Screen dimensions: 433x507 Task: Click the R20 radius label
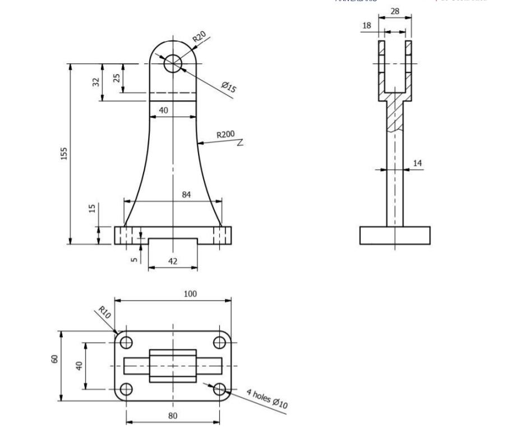pos(200,38)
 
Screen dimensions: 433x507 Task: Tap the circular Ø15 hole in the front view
pos(173,63)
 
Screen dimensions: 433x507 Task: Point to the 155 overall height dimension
pos(64,153)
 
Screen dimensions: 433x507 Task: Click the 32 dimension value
pos(96,82)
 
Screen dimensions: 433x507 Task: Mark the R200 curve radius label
pos(225,135)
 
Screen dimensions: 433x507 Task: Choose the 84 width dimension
pos(186,195)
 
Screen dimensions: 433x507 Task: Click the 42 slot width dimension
pos(173,262)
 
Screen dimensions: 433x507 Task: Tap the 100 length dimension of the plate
pos(190,294)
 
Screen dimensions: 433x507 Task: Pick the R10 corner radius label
pos(104,311)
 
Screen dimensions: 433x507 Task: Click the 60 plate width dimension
pos(55,358)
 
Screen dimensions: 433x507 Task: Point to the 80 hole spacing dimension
pos(173,416)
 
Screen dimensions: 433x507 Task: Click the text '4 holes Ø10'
pos(266,398)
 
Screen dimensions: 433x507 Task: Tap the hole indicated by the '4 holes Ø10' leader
pos(219,389)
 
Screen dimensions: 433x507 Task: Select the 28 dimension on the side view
pos(394,11)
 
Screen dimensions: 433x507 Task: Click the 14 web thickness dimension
pos(417,163)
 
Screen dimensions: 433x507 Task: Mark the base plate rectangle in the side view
pos(394,235)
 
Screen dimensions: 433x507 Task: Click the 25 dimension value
pos(117,78)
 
